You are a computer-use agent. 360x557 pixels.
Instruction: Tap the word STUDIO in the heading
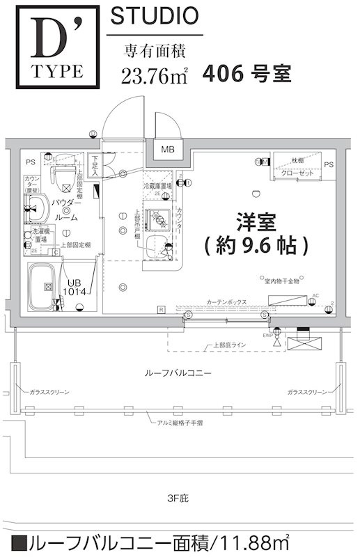point(154,16)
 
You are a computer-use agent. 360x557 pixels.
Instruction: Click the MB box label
point(168,149)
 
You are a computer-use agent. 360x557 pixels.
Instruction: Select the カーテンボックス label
point(226,302)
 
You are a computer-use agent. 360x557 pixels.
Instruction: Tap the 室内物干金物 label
point(281,281)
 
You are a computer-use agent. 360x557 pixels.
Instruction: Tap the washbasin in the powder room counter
point(34,207)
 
